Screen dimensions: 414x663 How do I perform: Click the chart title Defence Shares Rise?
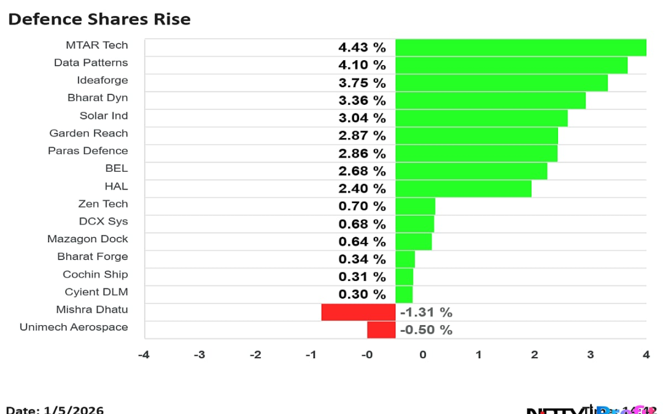[x=99, y=19]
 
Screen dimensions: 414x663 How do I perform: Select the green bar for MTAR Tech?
[x=521, y=47]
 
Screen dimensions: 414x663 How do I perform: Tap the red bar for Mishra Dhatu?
[x=359, y=312]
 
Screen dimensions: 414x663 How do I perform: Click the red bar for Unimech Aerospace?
[x=381, y=330]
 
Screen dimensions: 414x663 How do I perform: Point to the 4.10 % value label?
[x=362, y=65]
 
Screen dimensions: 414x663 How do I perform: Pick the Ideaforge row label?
[x=102, y=80]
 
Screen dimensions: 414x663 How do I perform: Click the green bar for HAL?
[x=463, y=188]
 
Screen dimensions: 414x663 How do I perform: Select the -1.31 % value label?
[x=426, y=312]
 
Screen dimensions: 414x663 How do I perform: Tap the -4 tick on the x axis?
[x=143, y=355]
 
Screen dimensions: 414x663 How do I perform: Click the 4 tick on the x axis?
[x=646, y=355]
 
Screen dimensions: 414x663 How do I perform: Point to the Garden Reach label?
[x=88, y=133]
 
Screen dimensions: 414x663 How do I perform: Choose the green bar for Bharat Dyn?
[x=490, y=100]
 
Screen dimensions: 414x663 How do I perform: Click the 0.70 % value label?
[x=362, y=206]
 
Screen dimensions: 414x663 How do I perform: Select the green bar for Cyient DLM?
[x=404, y=294]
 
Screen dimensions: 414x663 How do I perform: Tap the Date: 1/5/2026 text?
[x=55, y=409]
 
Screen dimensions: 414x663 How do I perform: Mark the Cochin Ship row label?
[x=95, y=274]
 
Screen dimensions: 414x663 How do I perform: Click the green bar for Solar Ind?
[x=481, y=118]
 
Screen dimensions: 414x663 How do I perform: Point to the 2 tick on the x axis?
[x=534, y=355]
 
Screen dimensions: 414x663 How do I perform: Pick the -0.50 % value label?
[x=426, y=330]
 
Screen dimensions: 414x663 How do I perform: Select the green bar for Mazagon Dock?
[x=413, y=242]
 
